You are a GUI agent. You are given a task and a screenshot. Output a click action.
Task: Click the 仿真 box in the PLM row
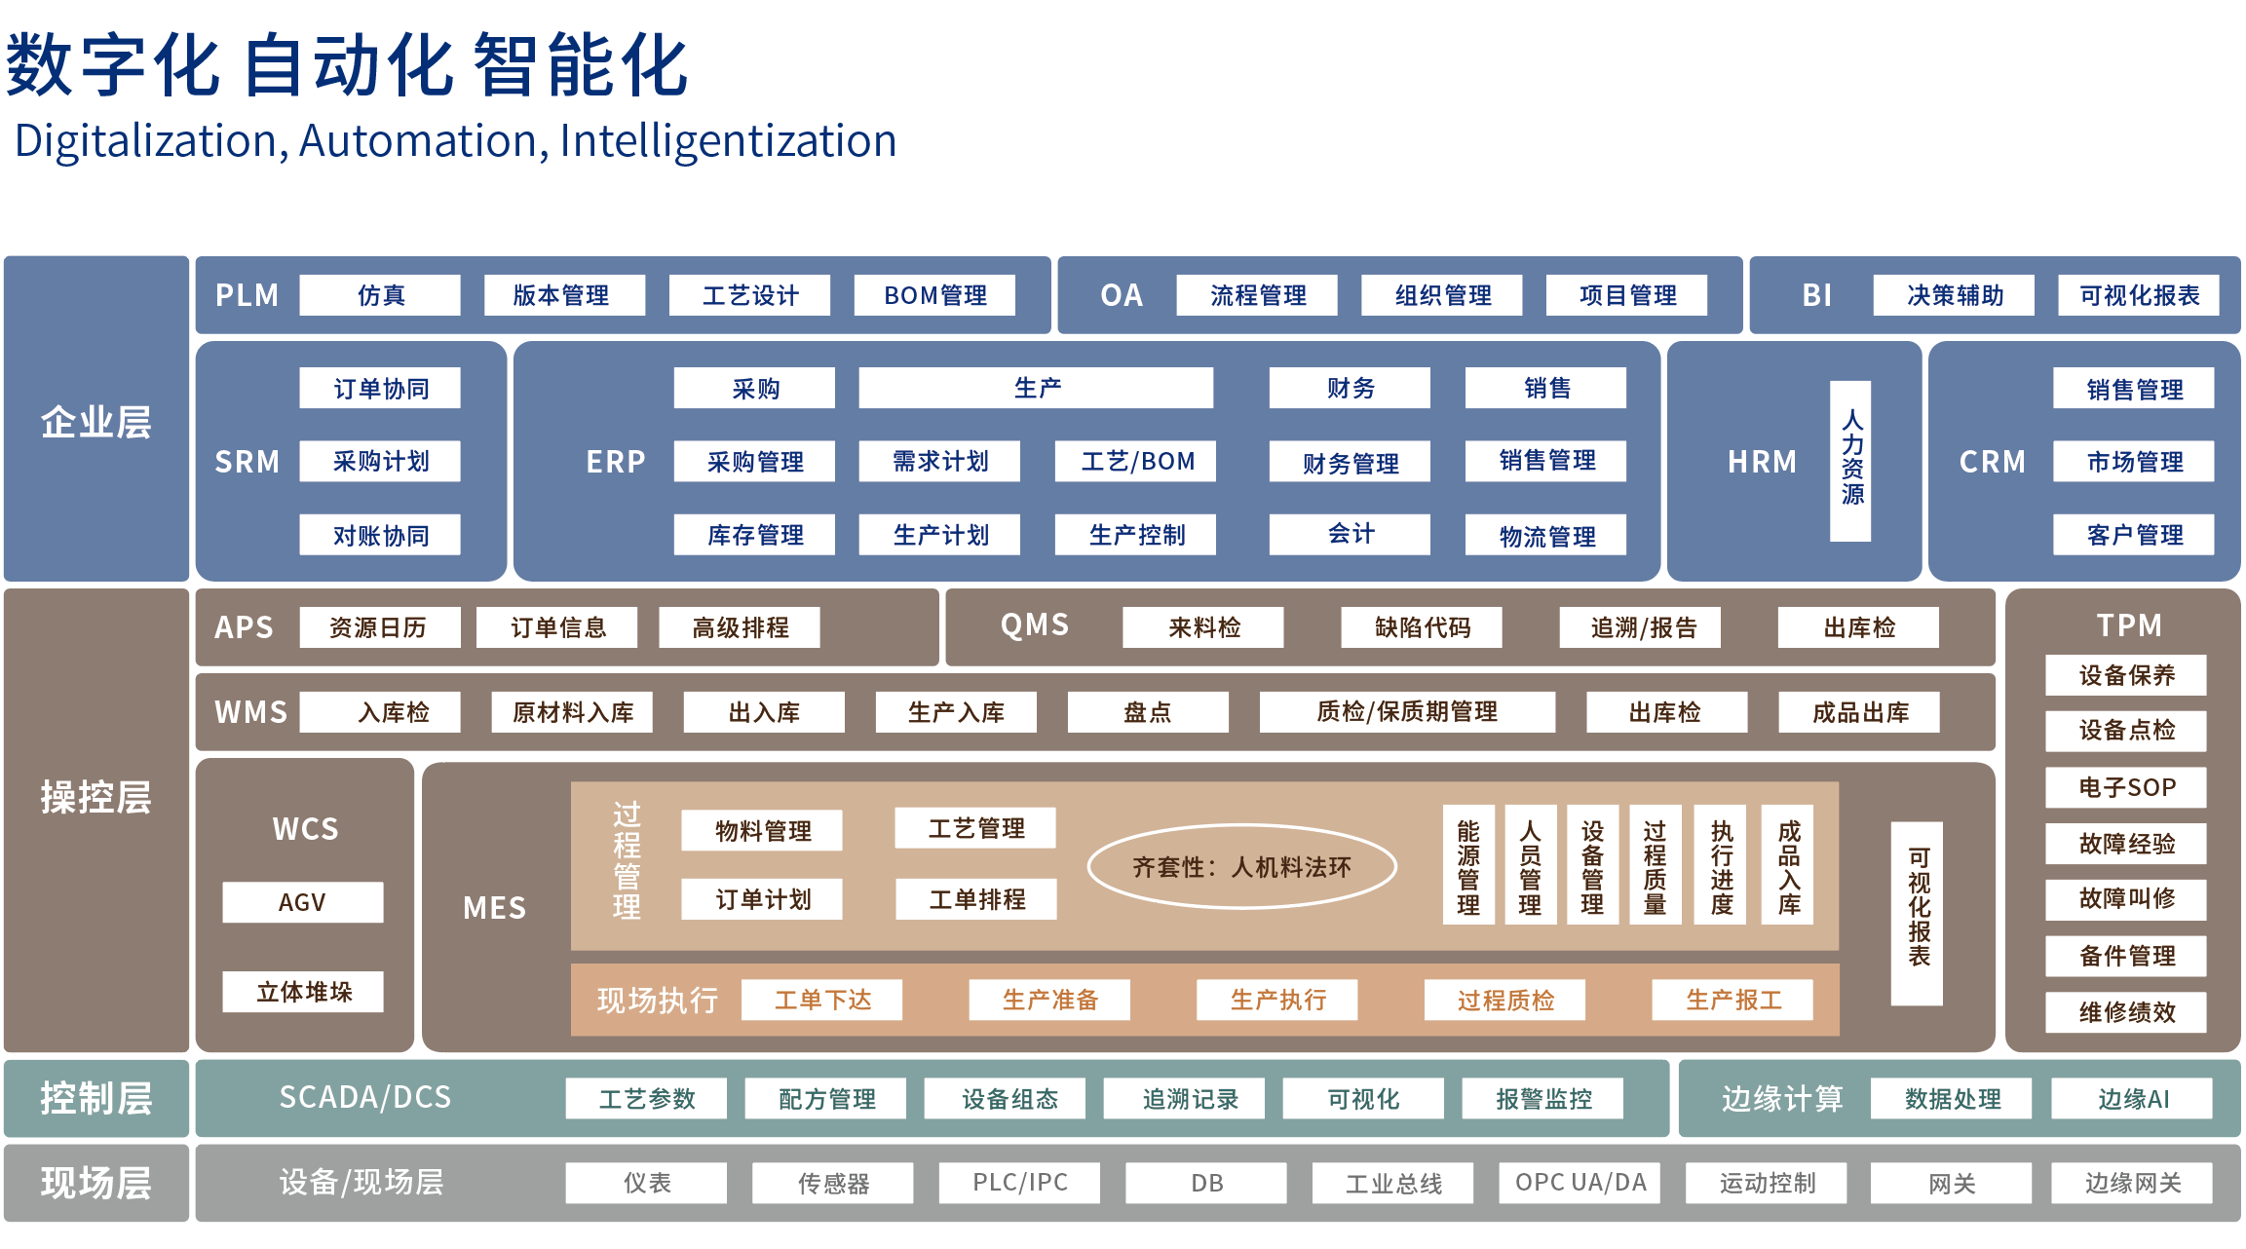tap(379, 295)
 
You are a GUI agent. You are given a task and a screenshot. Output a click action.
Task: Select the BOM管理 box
tap(934, 295)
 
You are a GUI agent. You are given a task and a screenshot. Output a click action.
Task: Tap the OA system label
tap(1121, 295)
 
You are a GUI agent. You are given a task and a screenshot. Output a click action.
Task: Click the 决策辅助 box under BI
tap(1954, 295)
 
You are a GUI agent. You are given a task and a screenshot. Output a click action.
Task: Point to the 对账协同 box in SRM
tap(380, 535)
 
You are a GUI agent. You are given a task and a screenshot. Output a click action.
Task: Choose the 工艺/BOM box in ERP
tap(1136, 461)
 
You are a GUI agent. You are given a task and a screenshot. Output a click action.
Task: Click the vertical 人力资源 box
tap(1850, 460)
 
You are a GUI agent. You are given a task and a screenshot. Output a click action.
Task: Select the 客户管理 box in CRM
tap(2134, 535)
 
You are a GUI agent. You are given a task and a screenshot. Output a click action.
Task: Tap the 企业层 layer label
tap(95, 422)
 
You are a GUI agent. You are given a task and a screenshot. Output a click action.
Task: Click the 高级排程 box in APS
tap(740, 627)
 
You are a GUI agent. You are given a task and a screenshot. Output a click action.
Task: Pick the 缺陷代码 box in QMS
tap(1422, 627)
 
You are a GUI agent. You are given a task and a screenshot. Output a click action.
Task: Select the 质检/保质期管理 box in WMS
tap(1407, 712)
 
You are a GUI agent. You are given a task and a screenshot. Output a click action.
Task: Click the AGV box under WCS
tap(302, 902)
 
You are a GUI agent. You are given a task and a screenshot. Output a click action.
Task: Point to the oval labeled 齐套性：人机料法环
tap(1241, 867)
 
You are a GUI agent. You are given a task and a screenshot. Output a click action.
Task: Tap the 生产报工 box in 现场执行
tap(1732, 1000)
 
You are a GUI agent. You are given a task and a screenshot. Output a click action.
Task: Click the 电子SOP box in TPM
tap(2126, 787)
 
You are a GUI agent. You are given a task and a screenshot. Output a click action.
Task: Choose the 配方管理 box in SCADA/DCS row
tap(826, 1099)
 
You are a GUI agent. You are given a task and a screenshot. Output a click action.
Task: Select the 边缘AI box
tap(2132, 1099)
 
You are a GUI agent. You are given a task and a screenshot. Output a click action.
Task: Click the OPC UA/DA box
tap(1580, 1183)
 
